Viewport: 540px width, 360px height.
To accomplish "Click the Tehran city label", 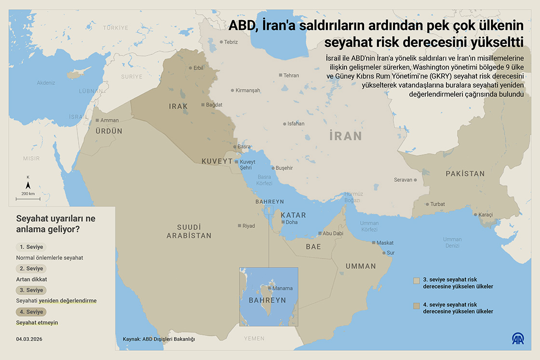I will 291,75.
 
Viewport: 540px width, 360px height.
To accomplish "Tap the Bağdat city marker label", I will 214,105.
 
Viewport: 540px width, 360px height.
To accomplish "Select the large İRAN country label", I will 345,136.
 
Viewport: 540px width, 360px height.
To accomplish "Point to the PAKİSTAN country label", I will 465,173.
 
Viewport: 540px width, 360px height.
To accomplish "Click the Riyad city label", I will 248,226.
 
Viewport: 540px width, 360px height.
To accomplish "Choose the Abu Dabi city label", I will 333,234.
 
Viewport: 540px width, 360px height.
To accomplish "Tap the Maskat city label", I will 385,243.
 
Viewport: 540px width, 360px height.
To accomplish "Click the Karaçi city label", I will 486,215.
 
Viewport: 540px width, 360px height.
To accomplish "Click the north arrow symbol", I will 28,185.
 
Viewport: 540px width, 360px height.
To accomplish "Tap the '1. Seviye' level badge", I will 31,247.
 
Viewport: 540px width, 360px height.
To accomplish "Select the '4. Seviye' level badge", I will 31,312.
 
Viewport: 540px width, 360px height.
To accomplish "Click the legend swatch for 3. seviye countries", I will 417,280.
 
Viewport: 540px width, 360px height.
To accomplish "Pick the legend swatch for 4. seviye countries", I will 417,306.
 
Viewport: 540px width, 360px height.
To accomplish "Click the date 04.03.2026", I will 29,339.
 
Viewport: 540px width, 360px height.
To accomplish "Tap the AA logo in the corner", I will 519,339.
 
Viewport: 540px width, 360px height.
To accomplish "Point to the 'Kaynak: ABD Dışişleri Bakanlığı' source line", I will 159,339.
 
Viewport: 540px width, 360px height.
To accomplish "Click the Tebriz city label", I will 231,42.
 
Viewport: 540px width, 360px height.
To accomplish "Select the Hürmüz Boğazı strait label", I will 352,197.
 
